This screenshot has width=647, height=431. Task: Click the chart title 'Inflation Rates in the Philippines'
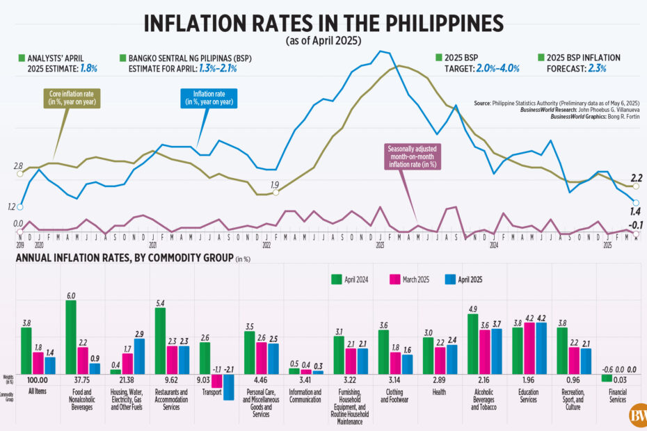coord(323,23)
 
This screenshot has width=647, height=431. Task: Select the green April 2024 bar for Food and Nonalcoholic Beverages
coord(70,337)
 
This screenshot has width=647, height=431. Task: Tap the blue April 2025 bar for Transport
coord(228,387)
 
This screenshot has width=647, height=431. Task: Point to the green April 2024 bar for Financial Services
coord(606,378)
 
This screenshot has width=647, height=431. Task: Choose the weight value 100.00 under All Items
coord(37,381)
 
